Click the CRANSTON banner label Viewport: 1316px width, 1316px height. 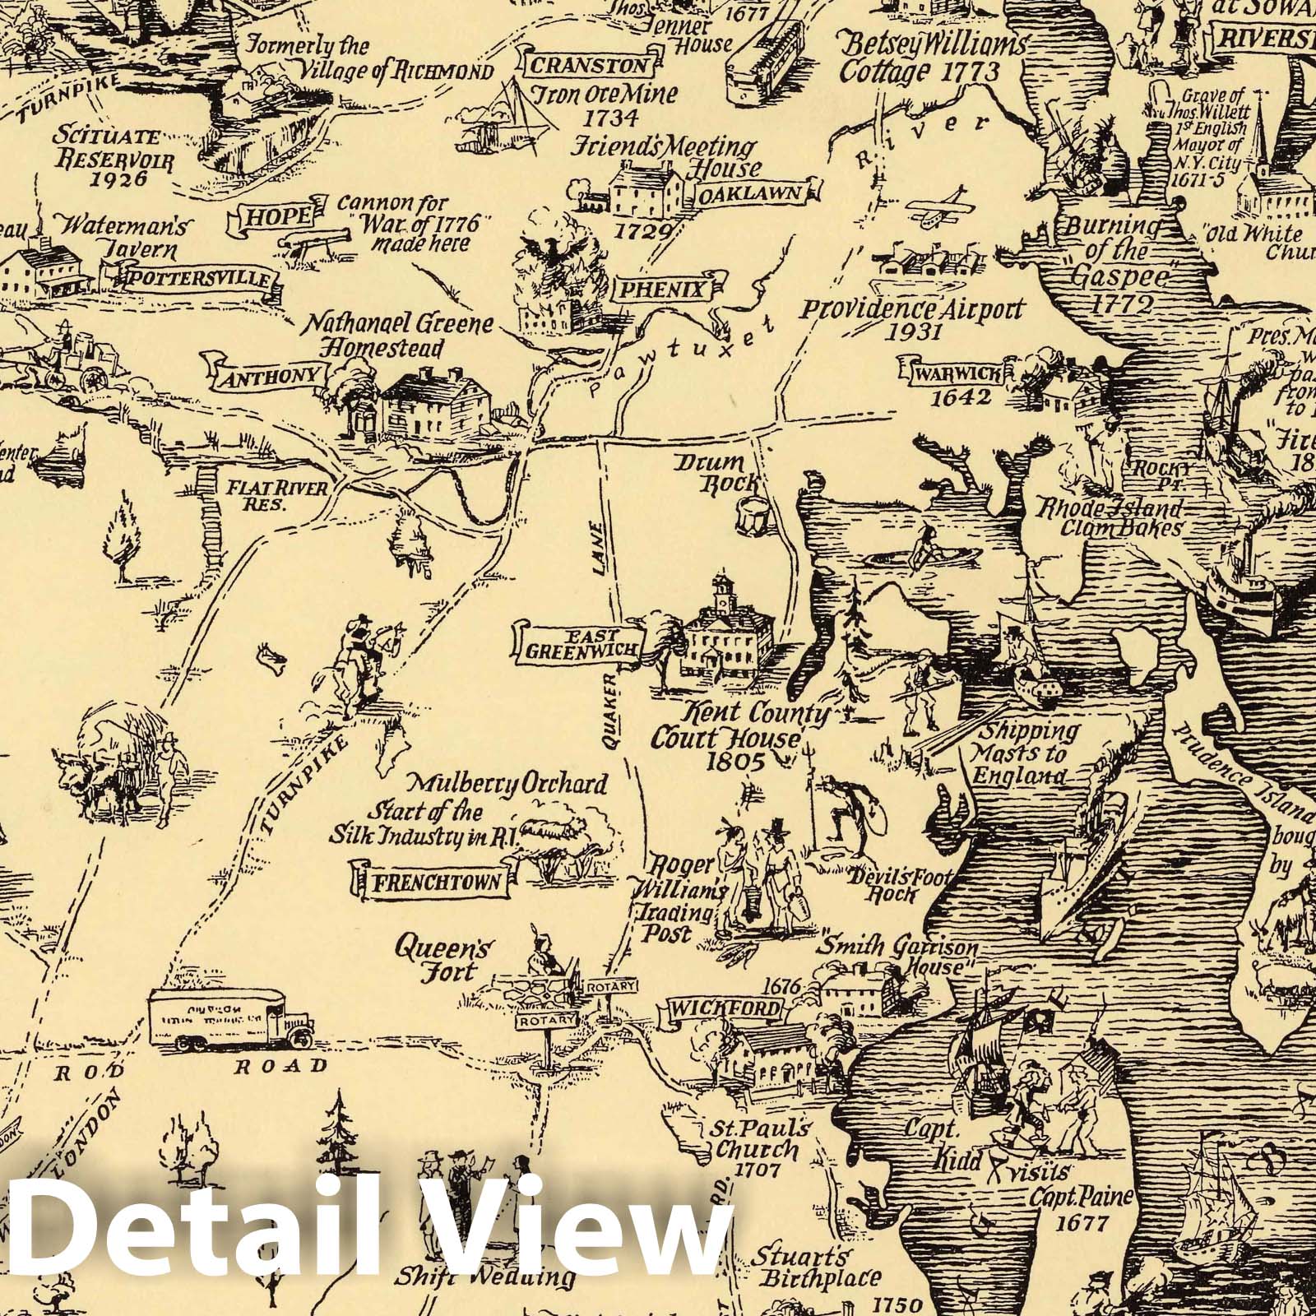tap(587, 65)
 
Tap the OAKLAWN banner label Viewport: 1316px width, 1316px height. tap(761, 192)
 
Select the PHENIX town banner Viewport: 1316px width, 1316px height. tap(671, 290)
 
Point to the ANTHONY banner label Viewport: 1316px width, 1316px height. tap(267, 375)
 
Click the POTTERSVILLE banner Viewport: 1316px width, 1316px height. tap(197, 278)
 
